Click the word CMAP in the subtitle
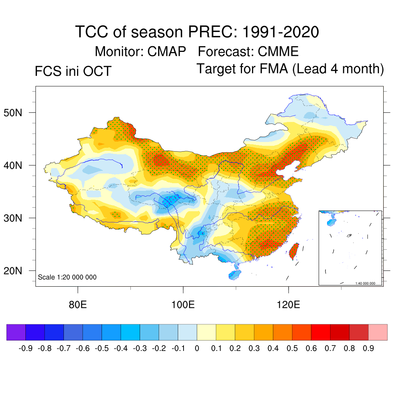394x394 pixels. point(167,51)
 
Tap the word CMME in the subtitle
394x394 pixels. point(278,51)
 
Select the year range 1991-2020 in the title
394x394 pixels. point(280,32)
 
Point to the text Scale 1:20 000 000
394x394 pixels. point(67,277)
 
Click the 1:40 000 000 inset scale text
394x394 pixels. point(367,283)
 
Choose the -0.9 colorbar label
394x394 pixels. point(25,349)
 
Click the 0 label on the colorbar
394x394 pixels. point(197,349)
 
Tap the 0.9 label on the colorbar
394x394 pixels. point(369,349)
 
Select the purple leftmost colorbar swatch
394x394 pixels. point(16,332)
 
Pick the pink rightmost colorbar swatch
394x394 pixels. point(378,332)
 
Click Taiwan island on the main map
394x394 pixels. point(294,250)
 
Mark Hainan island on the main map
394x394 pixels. point(234,274)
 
